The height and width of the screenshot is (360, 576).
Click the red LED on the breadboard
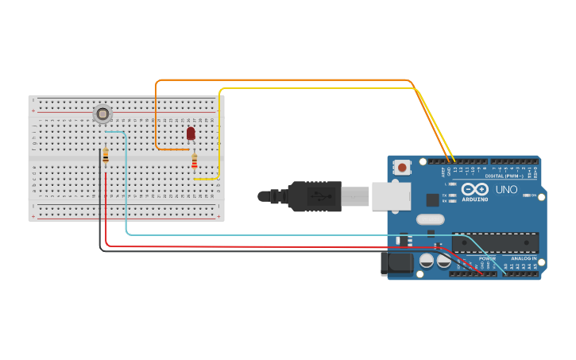[x=191, y=134]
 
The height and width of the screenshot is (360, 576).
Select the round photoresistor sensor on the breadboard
[x=102, y=114]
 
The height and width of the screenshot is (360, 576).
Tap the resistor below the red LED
[x=195, y=162]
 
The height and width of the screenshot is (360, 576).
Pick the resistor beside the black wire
[x=106, y=157]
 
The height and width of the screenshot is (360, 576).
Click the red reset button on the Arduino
[x=403, y=167]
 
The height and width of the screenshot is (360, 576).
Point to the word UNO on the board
[x=507, y=189]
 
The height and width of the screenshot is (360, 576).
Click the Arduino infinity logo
[x=474, y=190]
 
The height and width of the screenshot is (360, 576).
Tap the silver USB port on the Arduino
[x=392, y=195]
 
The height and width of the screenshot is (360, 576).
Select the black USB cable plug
[x=314, y=196]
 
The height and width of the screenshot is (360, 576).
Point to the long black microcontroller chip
[x=496, y=242]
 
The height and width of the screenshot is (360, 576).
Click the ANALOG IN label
[x=524, y=258]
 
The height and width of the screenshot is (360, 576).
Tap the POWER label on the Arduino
[x=487, y=258]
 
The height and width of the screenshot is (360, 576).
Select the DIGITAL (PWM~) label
[x=512, y=176]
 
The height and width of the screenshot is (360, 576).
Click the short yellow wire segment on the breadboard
[x=205, y=180]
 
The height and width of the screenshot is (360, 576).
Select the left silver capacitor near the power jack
[x=427, y=260]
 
